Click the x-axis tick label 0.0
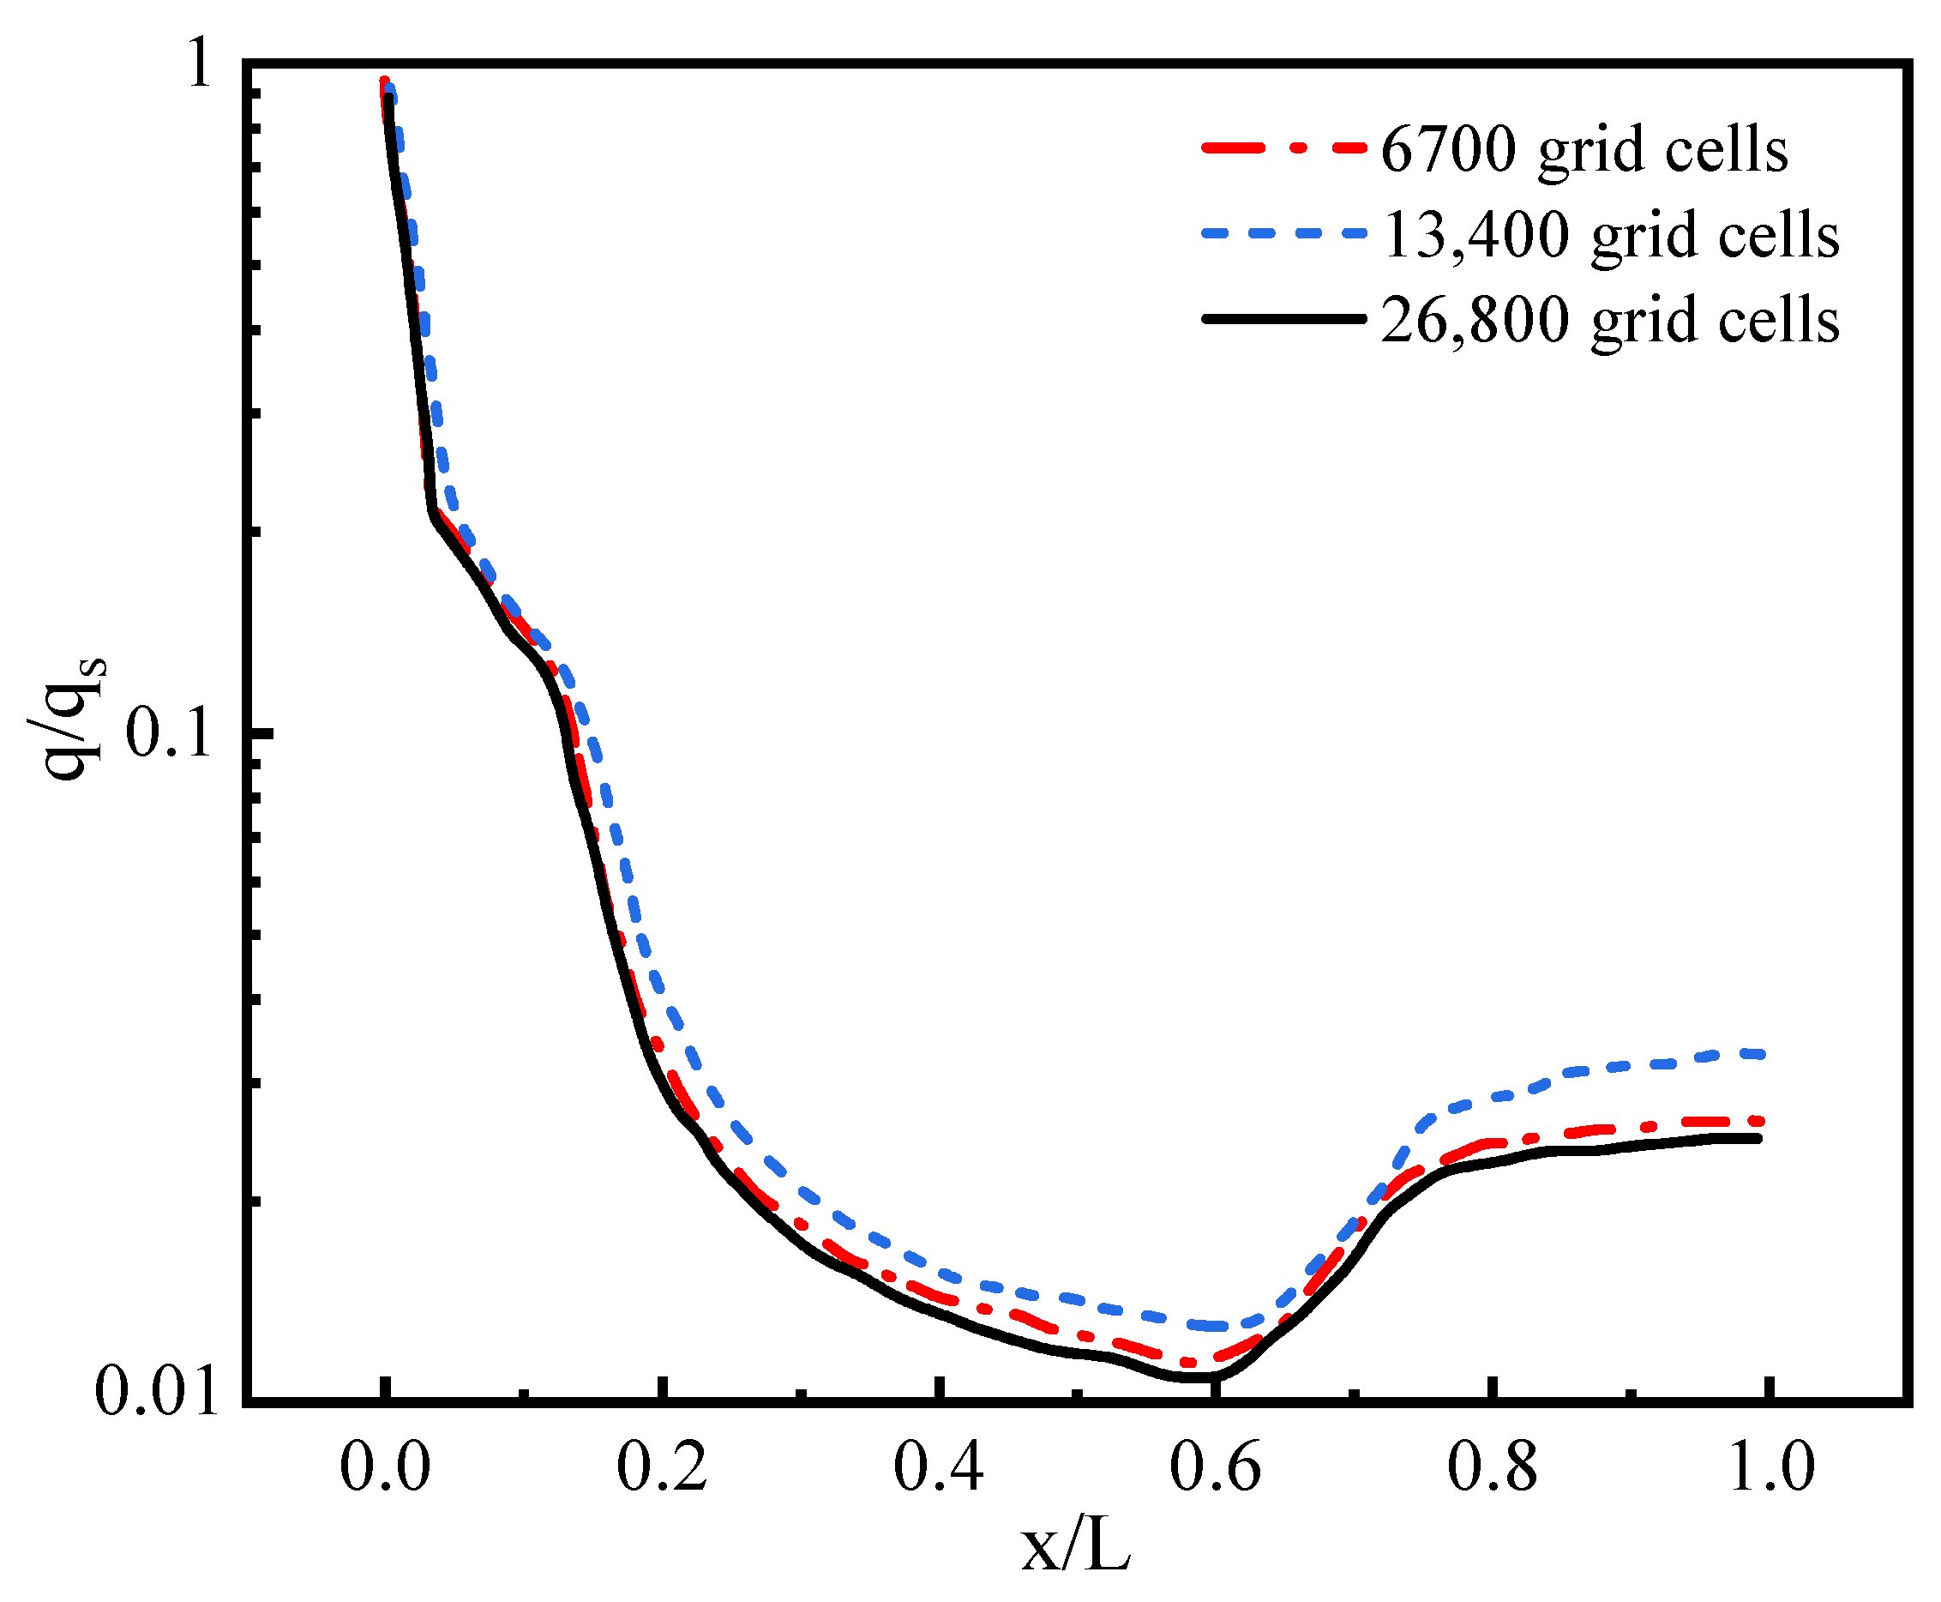point(385,1468)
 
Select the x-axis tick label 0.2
point(662,1468)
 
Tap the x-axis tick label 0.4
point(938,1468)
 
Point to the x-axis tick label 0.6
point(1215,1468)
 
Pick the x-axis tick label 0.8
point(1492,1468)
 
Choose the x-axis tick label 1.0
point(1769,1468)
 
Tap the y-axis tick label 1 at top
point(201,66)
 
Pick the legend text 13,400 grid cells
point(1610,235)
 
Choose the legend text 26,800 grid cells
point(1610,321)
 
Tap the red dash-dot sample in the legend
point(1283,147)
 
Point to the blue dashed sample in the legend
point(1283,233)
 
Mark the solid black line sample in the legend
point(1283,319)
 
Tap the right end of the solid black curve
point(1758,1139)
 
